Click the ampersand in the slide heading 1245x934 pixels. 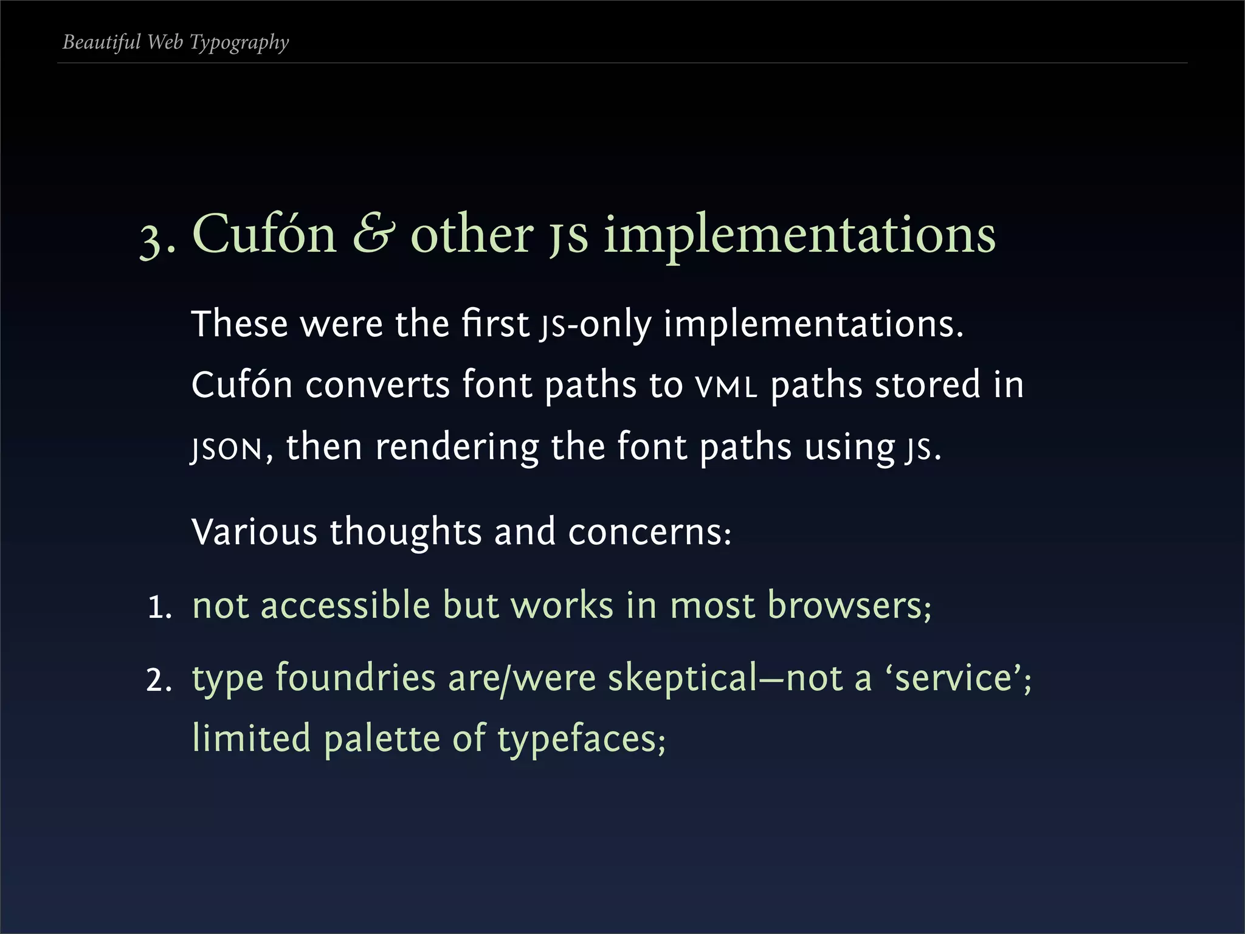(x=373, y=234)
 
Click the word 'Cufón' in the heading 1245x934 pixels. (x=264, y=234)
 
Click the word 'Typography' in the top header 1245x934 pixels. (x=239, y=43)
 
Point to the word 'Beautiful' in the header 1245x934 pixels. (x=102, y=42)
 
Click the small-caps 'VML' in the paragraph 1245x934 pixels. (x=727, y=387)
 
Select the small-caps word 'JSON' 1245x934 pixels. (x=226, y=449)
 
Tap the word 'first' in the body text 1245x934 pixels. (x=495, y=323)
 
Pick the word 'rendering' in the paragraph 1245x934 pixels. (x=457, y=448)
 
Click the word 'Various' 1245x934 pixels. (x=254, y=531)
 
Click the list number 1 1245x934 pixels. (x=159, y=607)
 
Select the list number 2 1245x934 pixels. (x=159, y=680)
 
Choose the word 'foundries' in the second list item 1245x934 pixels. (x=356, y=678)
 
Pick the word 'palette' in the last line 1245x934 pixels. (x=382, y=739)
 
